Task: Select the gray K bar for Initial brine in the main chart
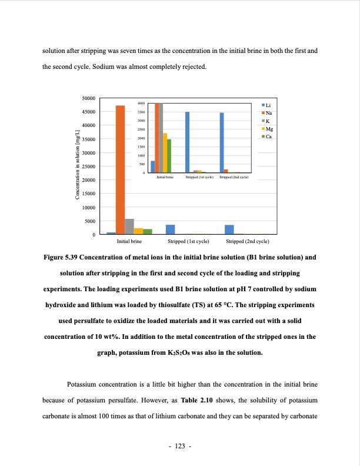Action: click(129, 227)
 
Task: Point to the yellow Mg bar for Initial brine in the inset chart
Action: click(165, 153)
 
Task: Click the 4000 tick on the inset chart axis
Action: click(141, 103)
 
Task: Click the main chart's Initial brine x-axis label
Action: click(129, 241)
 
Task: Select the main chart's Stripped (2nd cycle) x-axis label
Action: click(248, 241)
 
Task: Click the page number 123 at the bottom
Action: click(180, 447)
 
